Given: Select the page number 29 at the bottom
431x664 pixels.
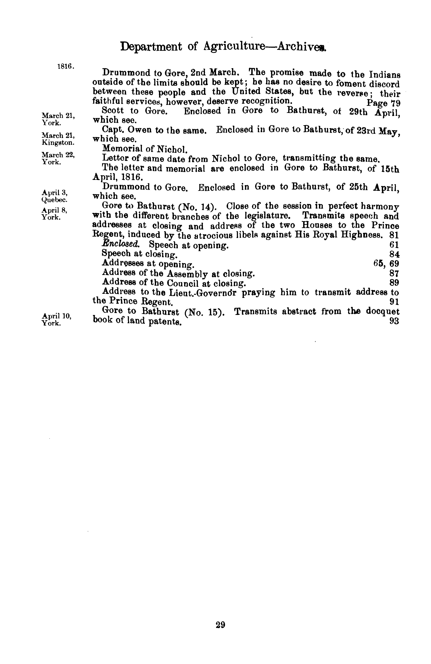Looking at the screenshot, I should [220, 624].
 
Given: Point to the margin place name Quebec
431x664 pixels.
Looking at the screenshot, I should [54, 199].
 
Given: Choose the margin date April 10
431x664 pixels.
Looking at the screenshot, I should [57, 316].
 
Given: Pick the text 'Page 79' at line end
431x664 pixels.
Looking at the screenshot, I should [384, 103].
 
